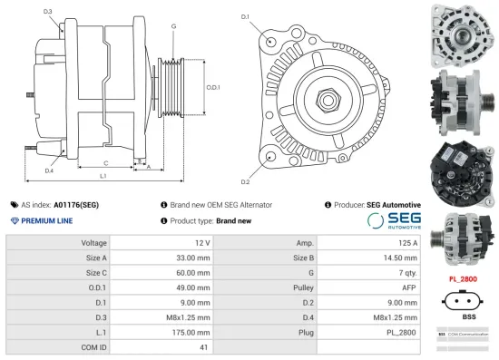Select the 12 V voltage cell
[201, 243]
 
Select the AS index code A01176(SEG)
[76, 205]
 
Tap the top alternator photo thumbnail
[464, 34]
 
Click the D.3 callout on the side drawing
[47, 11]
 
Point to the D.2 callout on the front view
[245, 169]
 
